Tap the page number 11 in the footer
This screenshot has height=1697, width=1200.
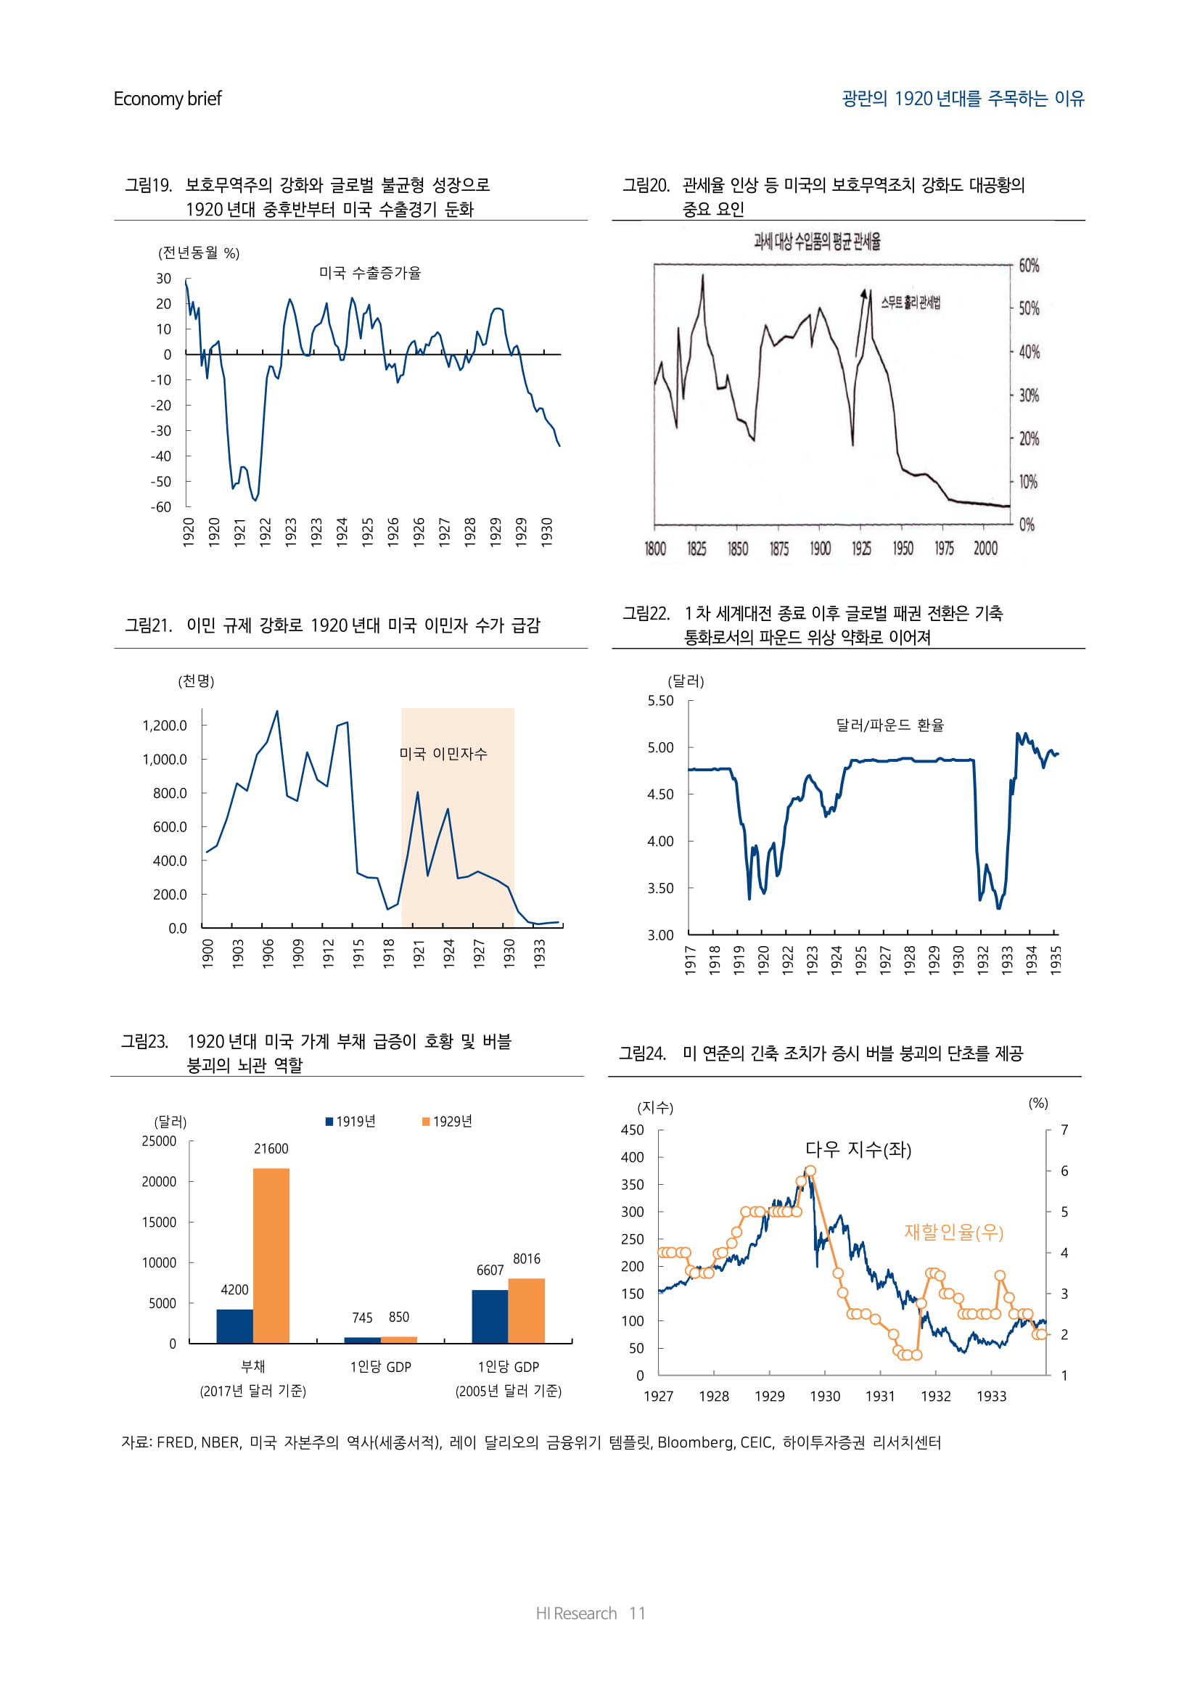click(637, 1613)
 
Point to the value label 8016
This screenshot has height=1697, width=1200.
click(526, 1259)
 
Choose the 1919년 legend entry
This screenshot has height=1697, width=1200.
click(351, 1121)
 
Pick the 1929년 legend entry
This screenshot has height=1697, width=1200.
click(447, 1121)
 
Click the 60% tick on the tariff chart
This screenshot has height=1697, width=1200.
click(1029, 266)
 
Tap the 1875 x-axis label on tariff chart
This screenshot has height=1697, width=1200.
click(778, 548)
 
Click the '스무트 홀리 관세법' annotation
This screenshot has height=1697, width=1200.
click(911, 302)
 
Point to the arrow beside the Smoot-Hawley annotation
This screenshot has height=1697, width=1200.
click(861, 322)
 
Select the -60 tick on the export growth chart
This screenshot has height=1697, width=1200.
click(161, 507)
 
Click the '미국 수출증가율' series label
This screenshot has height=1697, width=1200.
click(369, 273)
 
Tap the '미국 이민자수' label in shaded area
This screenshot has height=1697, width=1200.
click(443, 753)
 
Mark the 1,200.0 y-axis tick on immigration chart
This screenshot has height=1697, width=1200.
click(165, 725)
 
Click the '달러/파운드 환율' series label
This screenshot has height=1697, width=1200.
click(889, 725)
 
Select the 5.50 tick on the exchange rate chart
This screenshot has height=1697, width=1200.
click(661, 701)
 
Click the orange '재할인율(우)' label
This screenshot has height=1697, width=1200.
click(953, 1232)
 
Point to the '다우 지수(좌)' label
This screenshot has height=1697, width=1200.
click(858, 1149)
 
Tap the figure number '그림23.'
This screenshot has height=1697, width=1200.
click(145, 1041)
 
